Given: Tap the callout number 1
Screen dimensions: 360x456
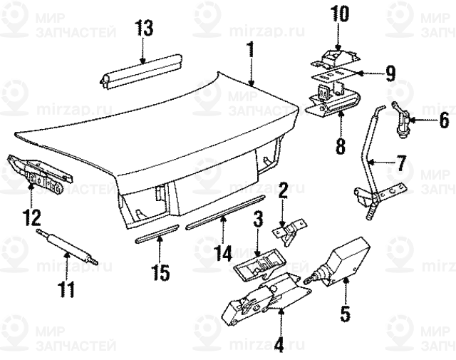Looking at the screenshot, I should tap(249, 50).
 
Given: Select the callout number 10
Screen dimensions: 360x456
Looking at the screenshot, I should tap(340, 13).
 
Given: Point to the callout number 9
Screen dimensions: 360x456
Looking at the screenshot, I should tap(390, 72).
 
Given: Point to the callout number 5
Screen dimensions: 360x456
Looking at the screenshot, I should tap(346, 313).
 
